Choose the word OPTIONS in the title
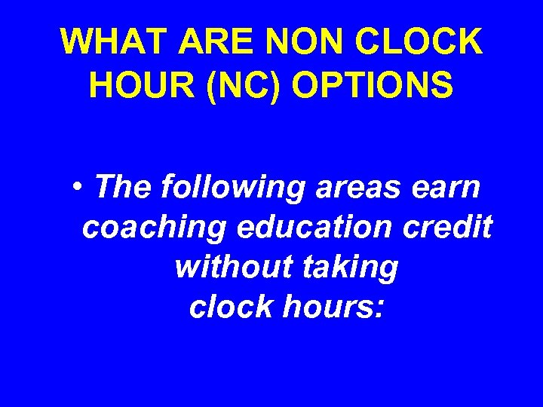point(373,86)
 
